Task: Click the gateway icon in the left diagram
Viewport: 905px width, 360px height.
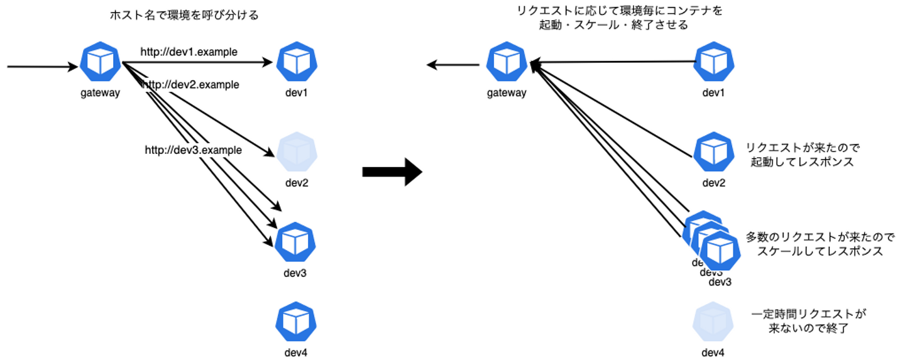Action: pos(101,62)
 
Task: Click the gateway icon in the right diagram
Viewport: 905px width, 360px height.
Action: pos(506,62)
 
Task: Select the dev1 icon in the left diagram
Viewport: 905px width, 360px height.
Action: pos(295,62)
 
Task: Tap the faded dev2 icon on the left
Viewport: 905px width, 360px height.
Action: pos(295,153)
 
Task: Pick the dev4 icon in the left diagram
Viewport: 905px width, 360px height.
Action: pos(295,322)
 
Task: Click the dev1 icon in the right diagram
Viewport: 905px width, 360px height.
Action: pos(713,62)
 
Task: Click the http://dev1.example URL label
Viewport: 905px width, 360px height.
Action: pos(189,52)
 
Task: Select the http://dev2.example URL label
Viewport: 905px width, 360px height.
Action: pos(191,85)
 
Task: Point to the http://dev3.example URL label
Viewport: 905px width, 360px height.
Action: pos(194,150)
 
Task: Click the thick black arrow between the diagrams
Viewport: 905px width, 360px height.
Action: pos(392,172)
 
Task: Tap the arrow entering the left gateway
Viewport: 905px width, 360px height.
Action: pos(41,65)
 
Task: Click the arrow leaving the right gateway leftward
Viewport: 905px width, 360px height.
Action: pos(452,65)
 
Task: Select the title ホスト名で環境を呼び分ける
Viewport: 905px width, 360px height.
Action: pos(184,15)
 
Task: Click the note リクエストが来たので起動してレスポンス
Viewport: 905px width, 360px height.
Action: pos(802,155)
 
